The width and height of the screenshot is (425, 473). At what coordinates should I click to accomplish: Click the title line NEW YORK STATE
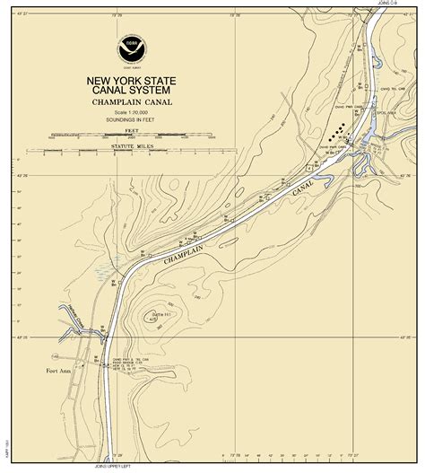pyautogui.click(x=132, y=81)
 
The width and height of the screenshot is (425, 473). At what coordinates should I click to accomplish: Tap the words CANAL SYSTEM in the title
pyautogui.click(x=132, y=91)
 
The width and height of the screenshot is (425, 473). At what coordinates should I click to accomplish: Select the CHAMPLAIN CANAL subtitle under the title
pyautogui.click(x=132, y=103)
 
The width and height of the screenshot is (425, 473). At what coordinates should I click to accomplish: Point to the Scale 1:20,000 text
pyautogui.click(x=132, y=111)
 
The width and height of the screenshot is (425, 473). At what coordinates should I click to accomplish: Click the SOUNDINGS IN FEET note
pyautogui.click(x=132, y=118)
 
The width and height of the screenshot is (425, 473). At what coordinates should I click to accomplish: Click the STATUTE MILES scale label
pyautogui.click(x=132, y=145)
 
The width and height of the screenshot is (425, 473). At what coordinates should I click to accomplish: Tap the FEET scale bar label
pyautogui.click(x=132, y=130)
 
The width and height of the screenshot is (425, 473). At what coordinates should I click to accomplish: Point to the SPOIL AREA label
pyautogui.click(x=386, y=113)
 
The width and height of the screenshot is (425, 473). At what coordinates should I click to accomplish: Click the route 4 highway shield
pyautogui.click(x=308, y=168)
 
